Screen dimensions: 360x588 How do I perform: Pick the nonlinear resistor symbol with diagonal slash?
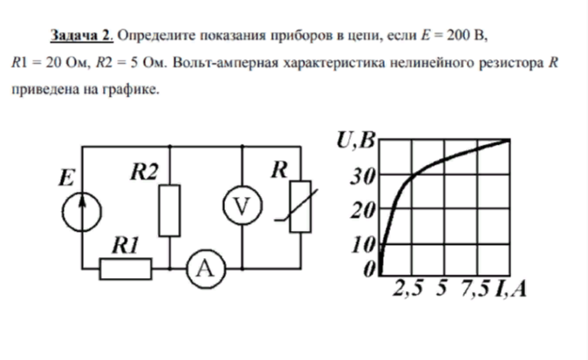click(x=300, y=207)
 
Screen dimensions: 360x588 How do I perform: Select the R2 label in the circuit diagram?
click(x=145, y=173)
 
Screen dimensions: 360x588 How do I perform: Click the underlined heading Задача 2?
click(x=82, y=37)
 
